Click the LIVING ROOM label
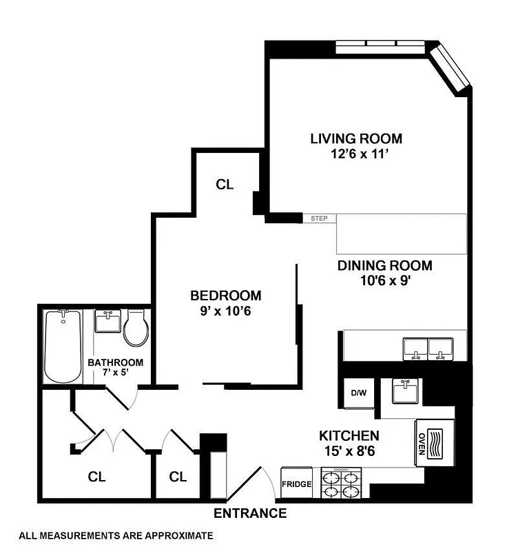click(355, 138)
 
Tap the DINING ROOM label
click(384, 266)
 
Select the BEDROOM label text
click(226, 295)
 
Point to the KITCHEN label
click(349, 435)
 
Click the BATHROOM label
click(115, 363)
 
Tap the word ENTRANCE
click(250, 513)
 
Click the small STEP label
click(319, 219)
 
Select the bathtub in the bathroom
click(63, 346)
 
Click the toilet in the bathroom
click(135, 327)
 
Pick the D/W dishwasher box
click(358, 393)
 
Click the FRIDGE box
click(297, 484)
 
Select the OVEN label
click(421, 441)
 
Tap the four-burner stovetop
click(342, 484)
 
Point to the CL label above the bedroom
click(225, 185)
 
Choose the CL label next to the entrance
click(178, 476)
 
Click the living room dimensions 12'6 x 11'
click(355, 154)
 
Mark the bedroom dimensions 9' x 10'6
click(226, 311)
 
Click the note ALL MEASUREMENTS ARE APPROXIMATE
click(116, 534)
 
